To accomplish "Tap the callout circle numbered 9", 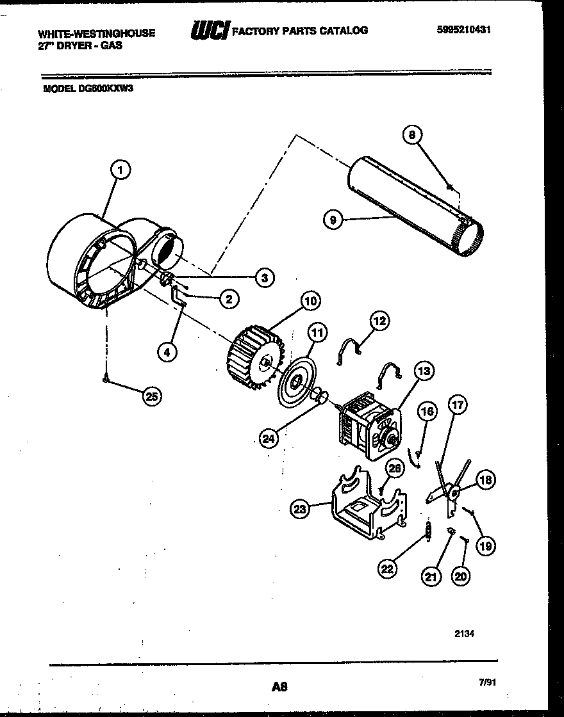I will [x=331, y=220].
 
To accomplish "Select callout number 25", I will [x=152, y=397].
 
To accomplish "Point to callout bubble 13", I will [x=424, y=370].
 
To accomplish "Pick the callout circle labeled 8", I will [x=413, y=134].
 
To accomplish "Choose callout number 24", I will [x=270, y=438].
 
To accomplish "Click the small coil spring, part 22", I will [x=427, y=531].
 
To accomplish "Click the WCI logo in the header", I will [x=209, y=31].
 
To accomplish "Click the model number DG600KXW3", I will [x=88, y=90].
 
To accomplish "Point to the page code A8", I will [x=278, y=688].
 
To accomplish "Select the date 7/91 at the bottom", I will [x=487, y=683].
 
